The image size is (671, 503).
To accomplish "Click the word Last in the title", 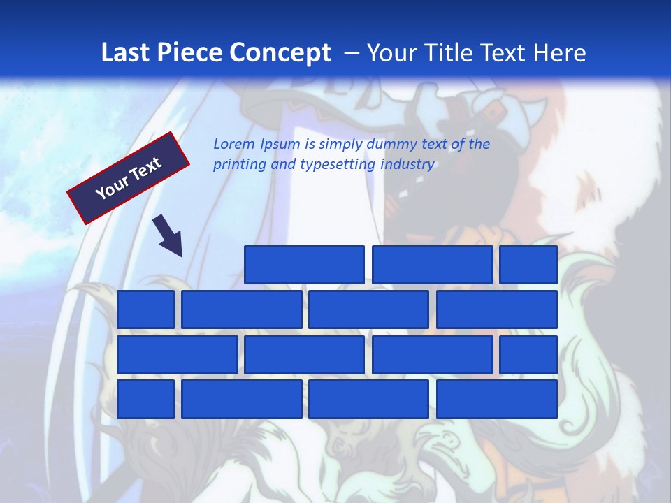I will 126,53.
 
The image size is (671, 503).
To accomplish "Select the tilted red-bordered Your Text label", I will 129,177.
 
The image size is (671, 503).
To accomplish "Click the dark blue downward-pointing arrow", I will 168,235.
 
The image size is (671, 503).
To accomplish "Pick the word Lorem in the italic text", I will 234,144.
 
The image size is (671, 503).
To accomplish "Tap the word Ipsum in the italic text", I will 281,145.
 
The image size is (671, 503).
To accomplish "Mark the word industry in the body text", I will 407,165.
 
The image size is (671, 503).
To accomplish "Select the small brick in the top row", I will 528,265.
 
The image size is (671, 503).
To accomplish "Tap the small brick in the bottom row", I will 145,399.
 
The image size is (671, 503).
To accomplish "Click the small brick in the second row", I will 145,309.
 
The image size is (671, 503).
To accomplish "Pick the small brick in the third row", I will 528,354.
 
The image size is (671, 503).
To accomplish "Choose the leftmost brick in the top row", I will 304,265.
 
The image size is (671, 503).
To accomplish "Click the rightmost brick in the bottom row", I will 497,399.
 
